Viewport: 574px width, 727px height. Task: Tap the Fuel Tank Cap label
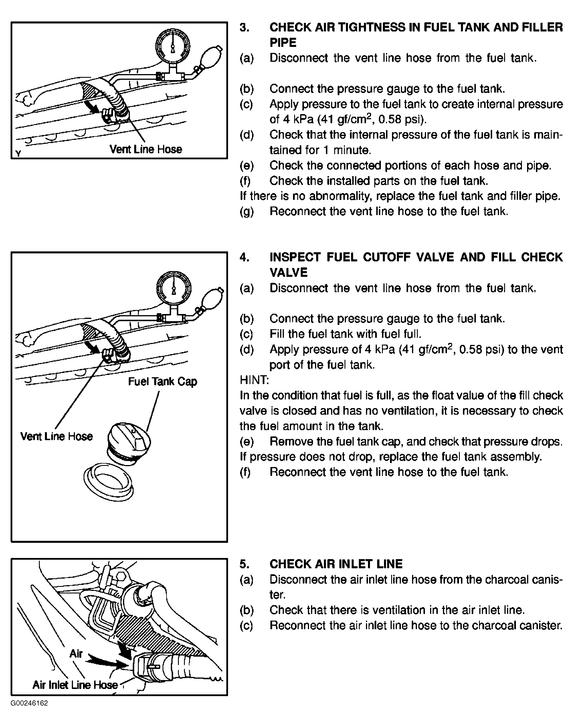point(163,382)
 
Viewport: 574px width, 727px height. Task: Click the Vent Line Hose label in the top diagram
point(146,149)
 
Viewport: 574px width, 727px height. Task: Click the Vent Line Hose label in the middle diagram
point(56,436)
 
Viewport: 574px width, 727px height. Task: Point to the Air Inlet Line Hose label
point(75,685)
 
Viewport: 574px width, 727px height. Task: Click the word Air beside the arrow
point(76,653)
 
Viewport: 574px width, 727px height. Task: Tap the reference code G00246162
point(29,703)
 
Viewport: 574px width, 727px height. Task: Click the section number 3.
point(244,27)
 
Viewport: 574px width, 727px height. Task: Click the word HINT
point(254,380)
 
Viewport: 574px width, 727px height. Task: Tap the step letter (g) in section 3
point(247,212)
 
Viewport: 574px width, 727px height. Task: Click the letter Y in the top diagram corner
point(19,154)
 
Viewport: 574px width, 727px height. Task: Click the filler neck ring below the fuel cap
point(108,482)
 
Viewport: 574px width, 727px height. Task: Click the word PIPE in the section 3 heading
point(283,43)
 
